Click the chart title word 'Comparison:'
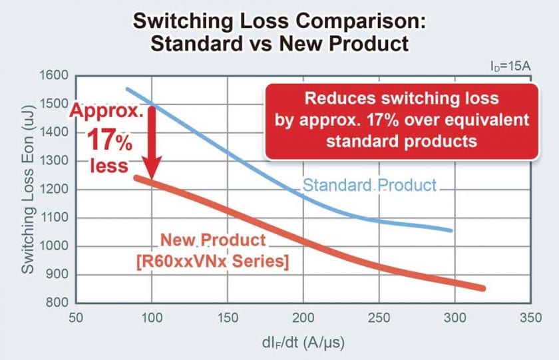(x=359, y=19)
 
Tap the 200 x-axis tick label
(x=303, y=317)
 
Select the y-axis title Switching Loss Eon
(x=28, y=190)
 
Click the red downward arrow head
(x=152, y=172)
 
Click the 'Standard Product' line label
(x=370, y=185)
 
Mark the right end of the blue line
(x=451, y=230)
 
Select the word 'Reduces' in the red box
(x=334, y=99)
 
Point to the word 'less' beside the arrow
(x=109, y=164)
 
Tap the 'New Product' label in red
(x=212, y=241)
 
